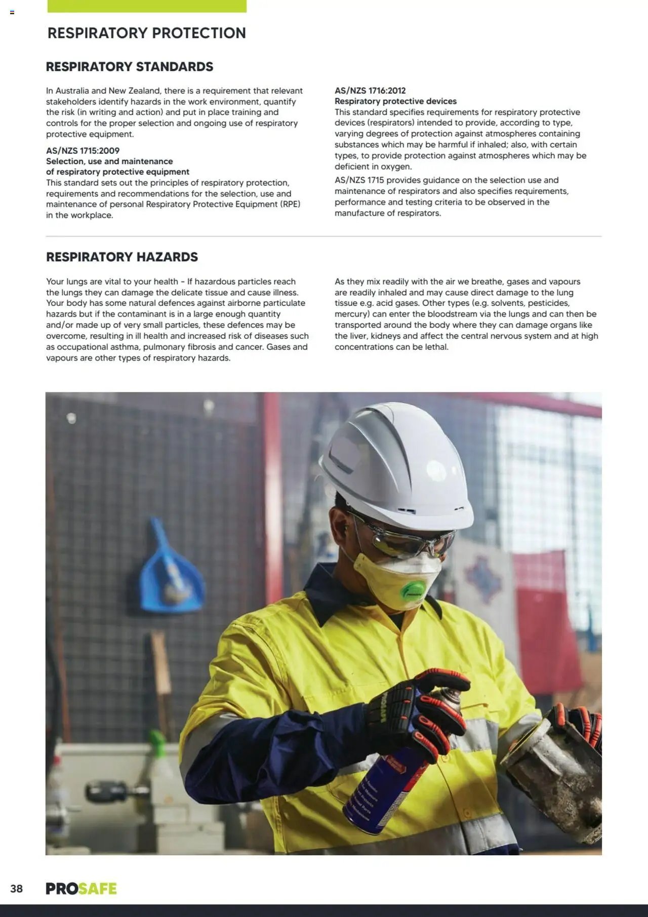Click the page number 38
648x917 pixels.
16,889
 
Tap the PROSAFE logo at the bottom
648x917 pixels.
81,889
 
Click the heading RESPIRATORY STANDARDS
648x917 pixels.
130,67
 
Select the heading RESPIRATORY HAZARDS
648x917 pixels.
122,257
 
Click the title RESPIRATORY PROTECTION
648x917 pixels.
147,33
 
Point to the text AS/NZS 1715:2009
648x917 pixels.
83,150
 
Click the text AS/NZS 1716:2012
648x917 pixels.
370,91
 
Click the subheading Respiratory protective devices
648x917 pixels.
395,101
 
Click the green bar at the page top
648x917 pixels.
147,6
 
